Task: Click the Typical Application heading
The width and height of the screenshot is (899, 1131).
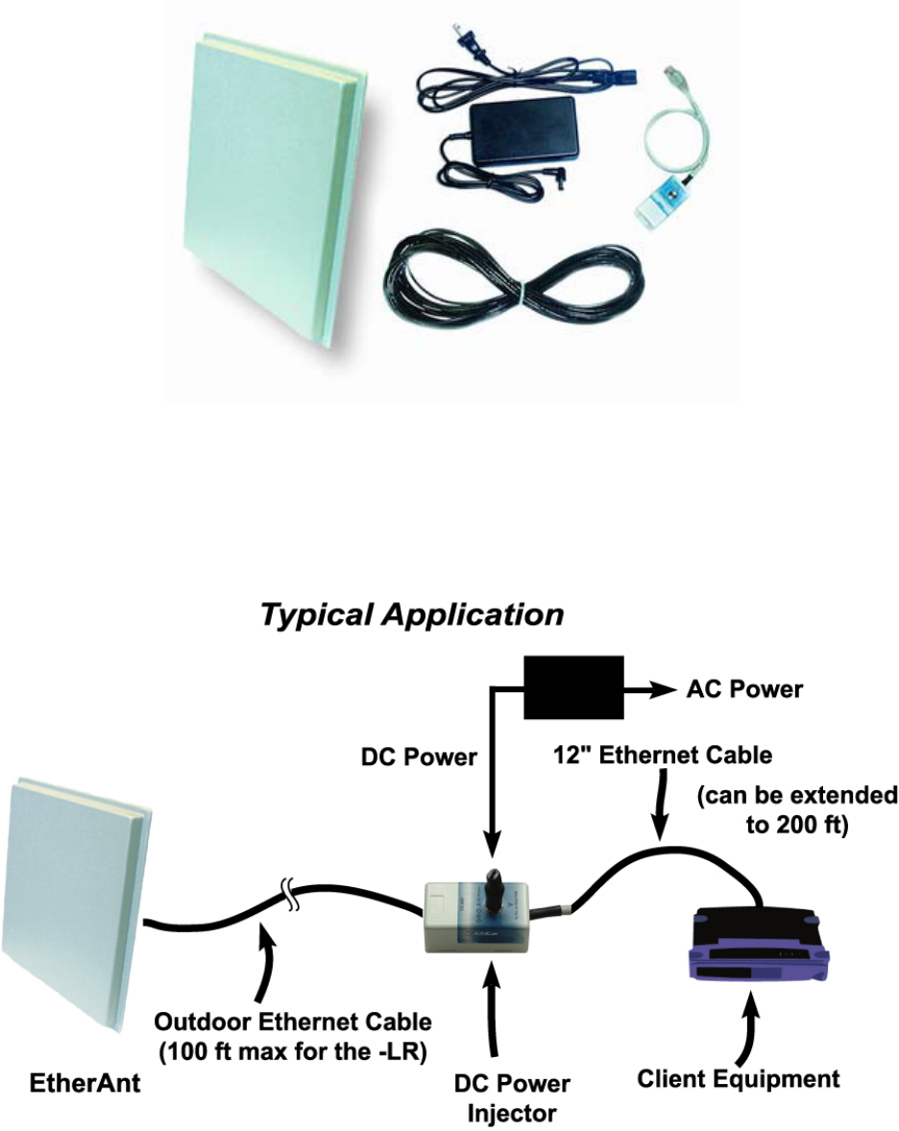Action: point(411,615)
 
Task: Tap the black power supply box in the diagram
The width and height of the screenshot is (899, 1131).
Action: point(572,687)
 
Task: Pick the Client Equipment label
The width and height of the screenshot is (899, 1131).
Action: point(739,1079)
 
